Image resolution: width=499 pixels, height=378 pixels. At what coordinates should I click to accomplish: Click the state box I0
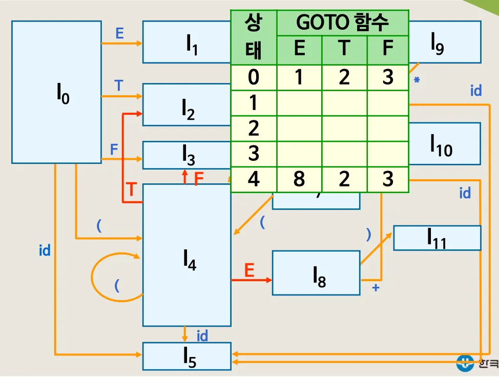point(56,92)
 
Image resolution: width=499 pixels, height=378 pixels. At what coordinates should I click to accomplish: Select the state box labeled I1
point(187,42)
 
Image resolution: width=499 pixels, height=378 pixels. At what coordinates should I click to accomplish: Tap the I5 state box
point(187,356)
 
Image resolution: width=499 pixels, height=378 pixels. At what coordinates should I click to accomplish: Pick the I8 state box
point(316,273)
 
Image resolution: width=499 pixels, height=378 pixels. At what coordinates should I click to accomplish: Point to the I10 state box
point(445,143)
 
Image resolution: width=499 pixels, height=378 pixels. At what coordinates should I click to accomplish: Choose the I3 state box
point(187,155)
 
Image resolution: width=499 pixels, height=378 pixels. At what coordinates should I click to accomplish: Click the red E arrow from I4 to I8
point(251,280)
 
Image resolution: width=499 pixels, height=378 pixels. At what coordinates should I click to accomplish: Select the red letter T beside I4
point(131,190)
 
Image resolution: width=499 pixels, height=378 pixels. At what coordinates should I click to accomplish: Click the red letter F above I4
point(199,179)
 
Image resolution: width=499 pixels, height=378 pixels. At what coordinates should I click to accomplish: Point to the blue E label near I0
point(120,33)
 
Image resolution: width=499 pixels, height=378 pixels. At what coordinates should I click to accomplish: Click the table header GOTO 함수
point(343,23)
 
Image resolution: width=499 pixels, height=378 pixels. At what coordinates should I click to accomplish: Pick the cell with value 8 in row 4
point(299,179)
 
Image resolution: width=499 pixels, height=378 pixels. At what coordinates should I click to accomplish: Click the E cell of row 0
point(299,77)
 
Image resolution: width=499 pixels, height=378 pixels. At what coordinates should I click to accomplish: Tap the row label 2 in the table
point(254,129)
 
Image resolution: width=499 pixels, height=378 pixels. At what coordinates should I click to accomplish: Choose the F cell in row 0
point(388,77)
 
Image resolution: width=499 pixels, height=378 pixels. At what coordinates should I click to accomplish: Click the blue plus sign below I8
point(376,288)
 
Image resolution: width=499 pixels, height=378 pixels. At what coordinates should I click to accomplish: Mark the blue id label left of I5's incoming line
point(45,251)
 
